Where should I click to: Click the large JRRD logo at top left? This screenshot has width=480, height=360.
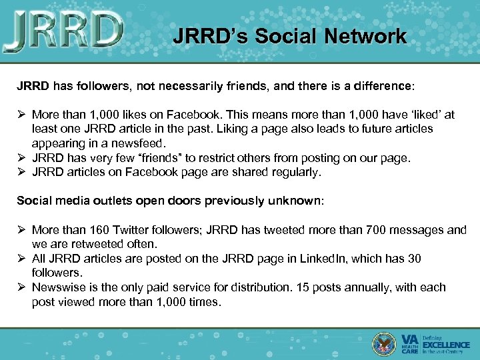coord(64,32)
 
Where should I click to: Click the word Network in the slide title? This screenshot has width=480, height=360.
coord(365,36)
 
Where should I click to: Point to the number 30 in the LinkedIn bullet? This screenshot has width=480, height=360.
coord(414,259)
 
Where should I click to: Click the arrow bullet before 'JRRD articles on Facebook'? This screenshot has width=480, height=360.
coord(22,172)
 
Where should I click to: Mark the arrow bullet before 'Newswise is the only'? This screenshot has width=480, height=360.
coord(22,287)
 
